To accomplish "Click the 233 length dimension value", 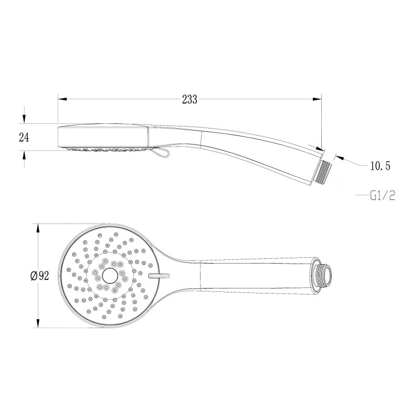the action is tap(190, 99).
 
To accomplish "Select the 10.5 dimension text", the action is tap(380, 166).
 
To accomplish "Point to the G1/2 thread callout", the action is tap(382, 196).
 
